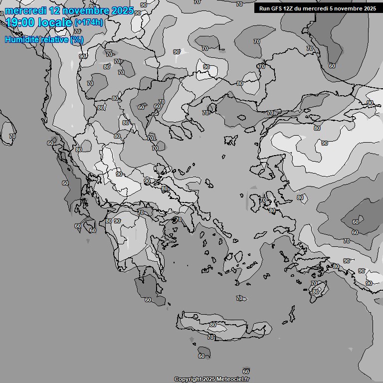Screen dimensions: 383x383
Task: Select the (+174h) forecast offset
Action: (x=89, y=23)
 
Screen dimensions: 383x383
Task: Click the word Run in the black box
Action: (x=264, y=8)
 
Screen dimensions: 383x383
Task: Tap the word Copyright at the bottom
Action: (x=188, y=379)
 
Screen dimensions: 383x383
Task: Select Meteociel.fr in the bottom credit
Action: (x=231, y=379)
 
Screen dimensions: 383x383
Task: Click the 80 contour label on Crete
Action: (x=213, y=325)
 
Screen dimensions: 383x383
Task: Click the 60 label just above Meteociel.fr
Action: (x=246, y=371)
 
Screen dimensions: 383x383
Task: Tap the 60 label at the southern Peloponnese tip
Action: (x=148, y=300)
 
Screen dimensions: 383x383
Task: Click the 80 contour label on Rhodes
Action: (x=315, y=292)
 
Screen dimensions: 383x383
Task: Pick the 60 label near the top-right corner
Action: (x=332, y=66)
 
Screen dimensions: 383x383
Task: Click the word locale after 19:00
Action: (x=53, y=22)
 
